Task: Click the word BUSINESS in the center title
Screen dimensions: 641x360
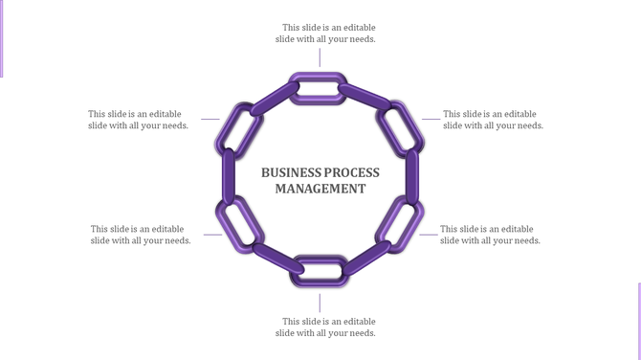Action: pyautogui.click(x=289, y=172)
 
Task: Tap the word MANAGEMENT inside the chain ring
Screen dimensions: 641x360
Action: pyautogui.click(x=320, y=189)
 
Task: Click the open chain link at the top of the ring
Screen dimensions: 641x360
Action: pyautogui.click(x=318, y=88)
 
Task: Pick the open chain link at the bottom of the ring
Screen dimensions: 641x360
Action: pyautogui.click(x=318, y=269)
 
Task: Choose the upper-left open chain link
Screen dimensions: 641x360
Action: pyautogui.click(x=239, y=128)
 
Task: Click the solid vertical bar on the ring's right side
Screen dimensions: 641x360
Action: pyautogui.click(x=412, y=177)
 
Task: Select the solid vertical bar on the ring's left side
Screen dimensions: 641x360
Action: pyautogui.click(x=229, y=177)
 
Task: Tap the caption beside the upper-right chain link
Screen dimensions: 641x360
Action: pyautogui.click(x=493, y=120)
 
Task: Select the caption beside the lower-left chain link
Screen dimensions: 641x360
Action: pyautogui.click(x=140, y=235)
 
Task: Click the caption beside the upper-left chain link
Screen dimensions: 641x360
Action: pyautogui.click(x=138, y=120)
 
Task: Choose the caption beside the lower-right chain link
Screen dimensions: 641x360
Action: pyautogui.click(x=490, y=235)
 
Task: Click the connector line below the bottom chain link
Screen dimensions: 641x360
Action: pyautogui.click(x=320, y=303)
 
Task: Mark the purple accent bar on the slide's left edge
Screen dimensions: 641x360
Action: pyautogui.click(x=2, y=38)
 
